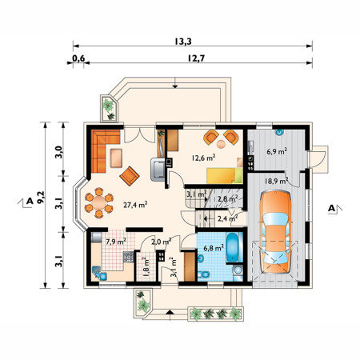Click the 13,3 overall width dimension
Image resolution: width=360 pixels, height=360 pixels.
[x=183, y=42]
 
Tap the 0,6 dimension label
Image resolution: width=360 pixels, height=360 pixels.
[x=78, y=58]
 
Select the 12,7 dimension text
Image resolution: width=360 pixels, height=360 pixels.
[x=196, y=58]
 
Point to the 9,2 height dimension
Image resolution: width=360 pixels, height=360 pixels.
[x=41, y=198]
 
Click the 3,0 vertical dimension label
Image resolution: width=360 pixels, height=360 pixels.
[x=58, y=152]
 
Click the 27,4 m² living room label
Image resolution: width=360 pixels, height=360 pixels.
[x=135, y=205]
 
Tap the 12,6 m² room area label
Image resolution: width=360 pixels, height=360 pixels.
[x=204, y=158]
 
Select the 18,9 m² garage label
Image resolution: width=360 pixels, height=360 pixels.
[x=276, y=181]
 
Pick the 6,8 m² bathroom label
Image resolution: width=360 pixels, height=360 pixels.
[x=214, y=248]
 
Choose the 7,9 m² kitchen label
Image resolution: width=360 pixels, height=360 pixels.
[x=116, y=242]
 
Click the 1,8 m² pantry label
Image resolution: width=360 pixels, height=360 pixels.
[x=146, y=266]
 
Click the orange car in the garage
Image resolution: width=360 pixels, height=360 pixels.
[x=276, y=231]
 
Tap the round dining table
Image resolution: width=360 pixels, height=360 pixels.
[x=99, y=203]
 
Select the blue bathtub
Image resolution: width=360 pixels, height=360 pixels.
[x=234, y=247]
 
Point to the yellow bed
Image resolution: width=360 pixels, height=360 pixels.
[x=225, y=176]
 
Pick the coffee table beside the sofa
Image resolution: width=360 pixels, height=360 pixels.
[x=116, y=158]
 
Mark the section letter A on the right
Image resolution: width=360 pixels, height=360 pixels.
[x=331, y=208]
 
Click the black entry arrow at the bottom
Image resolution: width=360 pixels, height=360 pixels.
[x=170, y=312]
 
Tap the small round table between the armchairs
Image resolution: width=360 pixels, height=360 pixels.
[x=221, y=144]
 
